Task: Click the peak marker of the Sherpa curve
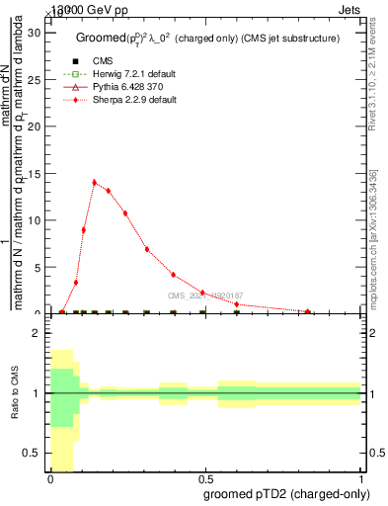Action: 95,182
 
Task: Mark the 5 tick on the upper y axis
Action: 39,267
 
